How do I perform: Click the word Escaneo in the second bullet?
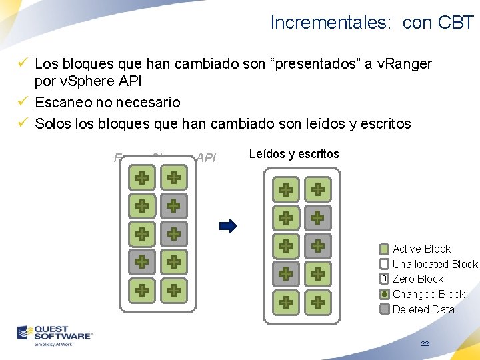pyautogui.click(x=63, y=102)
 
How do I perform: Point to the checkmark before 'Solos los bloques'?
pyautogui.click(x=22, y=123)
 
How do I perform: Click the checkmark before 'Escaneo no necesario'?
pyautogui.click(x=22, y=102)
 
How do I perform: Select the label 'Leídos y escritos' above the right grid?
pyautogui.click(x=294, y=154)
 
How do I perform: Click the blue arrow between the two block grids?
pyautogui.click(x=228, y=226)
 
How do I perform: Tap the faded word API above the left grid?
pyautogui.click(x=206, y=158)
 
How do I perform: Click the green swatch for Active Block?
pyautogui.click(x=384, y=249)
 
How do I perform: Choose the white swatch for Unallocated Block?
pyautogui.click(x=384, y=264)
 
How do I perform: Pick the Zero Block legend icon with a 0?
pyautogui.click(x=384, y=279)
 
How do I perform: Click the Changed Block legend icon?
pyautogui.click(x=384, y=294)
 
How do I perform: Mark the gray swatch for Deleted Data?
pyautogui.click(x=384, y=309)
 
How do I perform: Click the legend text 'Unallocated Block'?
pyautogui.click(x=435, y=264)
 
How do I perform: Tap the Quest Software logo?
pyautogui.click(x=55, y=335)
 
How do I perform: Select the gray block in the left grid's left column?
pyautogui.click(x=141, y=262)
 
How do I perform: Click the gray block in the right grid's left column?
pyautogui.click(x=285, y=273)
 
